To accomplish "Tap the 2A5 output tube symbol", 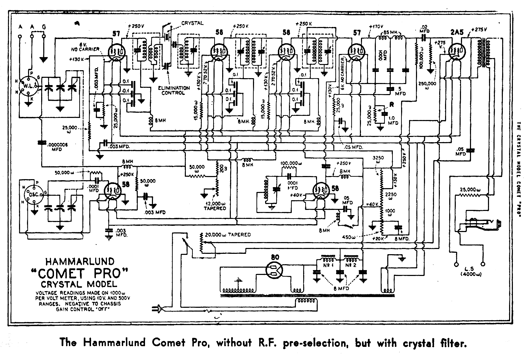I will point(456,51).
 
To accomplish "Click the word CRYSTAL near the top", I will point(192,23).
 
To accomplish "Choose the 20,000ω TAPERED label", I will point(228,234).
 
